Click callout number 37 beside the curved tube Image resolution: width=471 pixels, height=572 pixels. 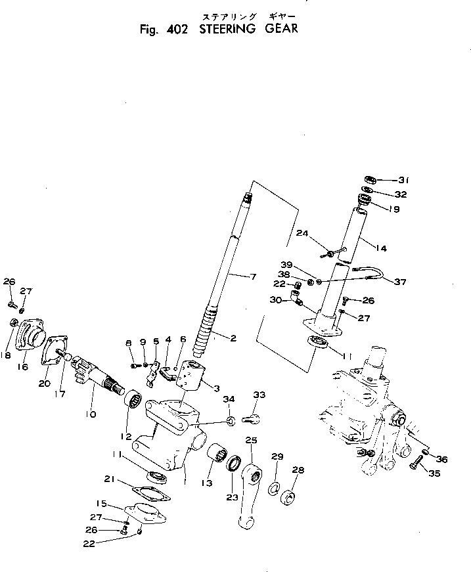click(x=399, y=282)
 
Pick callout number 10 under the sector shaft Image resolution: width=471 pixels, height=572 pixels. click(x=90, y=414)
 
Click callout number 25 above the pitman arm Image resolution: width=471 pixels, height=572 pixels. click(x=251, y=439)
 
